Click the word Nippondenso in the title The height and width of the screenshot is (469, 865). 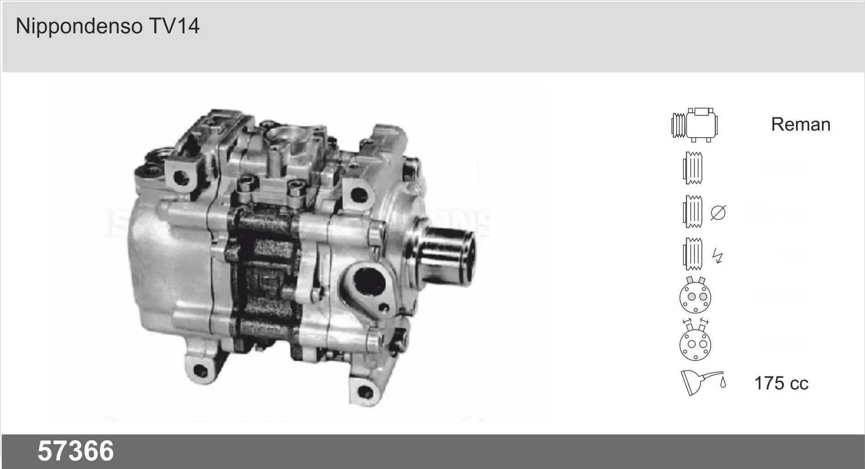[79, 26]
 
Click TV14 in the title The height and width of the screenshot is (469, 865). [174, 26]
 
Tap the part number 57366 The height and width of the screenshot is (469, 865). [76, 451]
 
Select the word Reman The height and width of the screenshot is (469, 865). [801, 124]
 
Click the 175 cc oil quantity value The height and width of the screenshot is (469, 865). [781, 383]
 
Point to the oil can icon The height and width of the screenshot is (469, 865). [703, 383]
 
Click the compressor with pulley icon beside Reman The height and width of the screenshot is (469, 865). [694, 125]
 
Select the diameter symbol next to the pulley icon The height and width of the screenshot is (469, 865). [718, 212]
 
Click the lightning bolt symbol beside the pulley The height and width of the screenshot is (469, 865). [717, 256]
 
